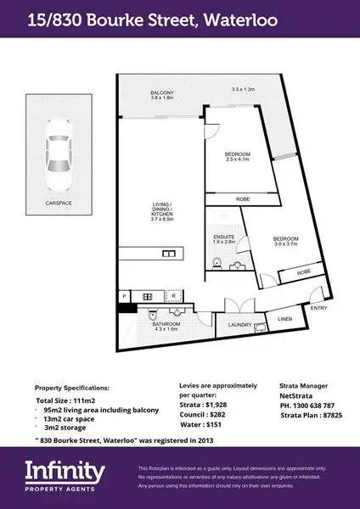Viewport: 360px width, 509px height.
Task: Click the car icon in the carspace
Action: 59,151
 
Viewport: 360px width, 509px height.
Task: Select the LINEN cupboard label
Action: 284,319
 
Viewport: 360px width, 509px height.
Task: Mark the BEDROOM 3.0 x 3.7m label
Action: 286,242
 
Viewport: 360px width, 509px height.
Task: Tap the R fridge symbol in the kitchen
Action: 173,296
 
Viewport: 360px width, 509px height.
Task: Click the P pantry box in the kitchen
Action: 125,296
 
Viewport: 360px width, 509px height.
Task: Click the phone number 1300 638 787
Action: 310,406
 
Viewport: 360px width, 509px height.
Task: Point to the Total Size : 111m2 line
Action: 65,399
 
